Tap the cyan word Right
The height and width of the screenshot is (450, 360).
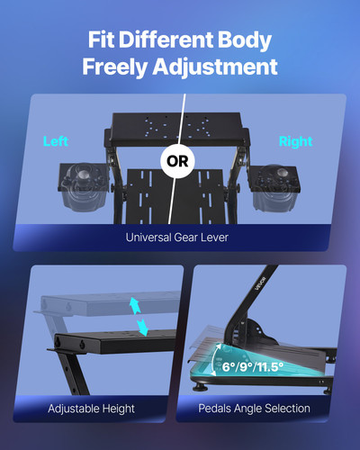click(x=295, y=142)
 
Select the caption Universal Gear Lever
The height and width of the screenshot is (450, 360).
click(x=180, y=238)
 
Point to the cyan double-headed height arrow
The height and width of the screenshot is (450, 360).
click(x=139, y=316)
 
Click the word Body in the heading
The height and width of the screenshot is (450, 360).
click(x=243, y=40)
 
